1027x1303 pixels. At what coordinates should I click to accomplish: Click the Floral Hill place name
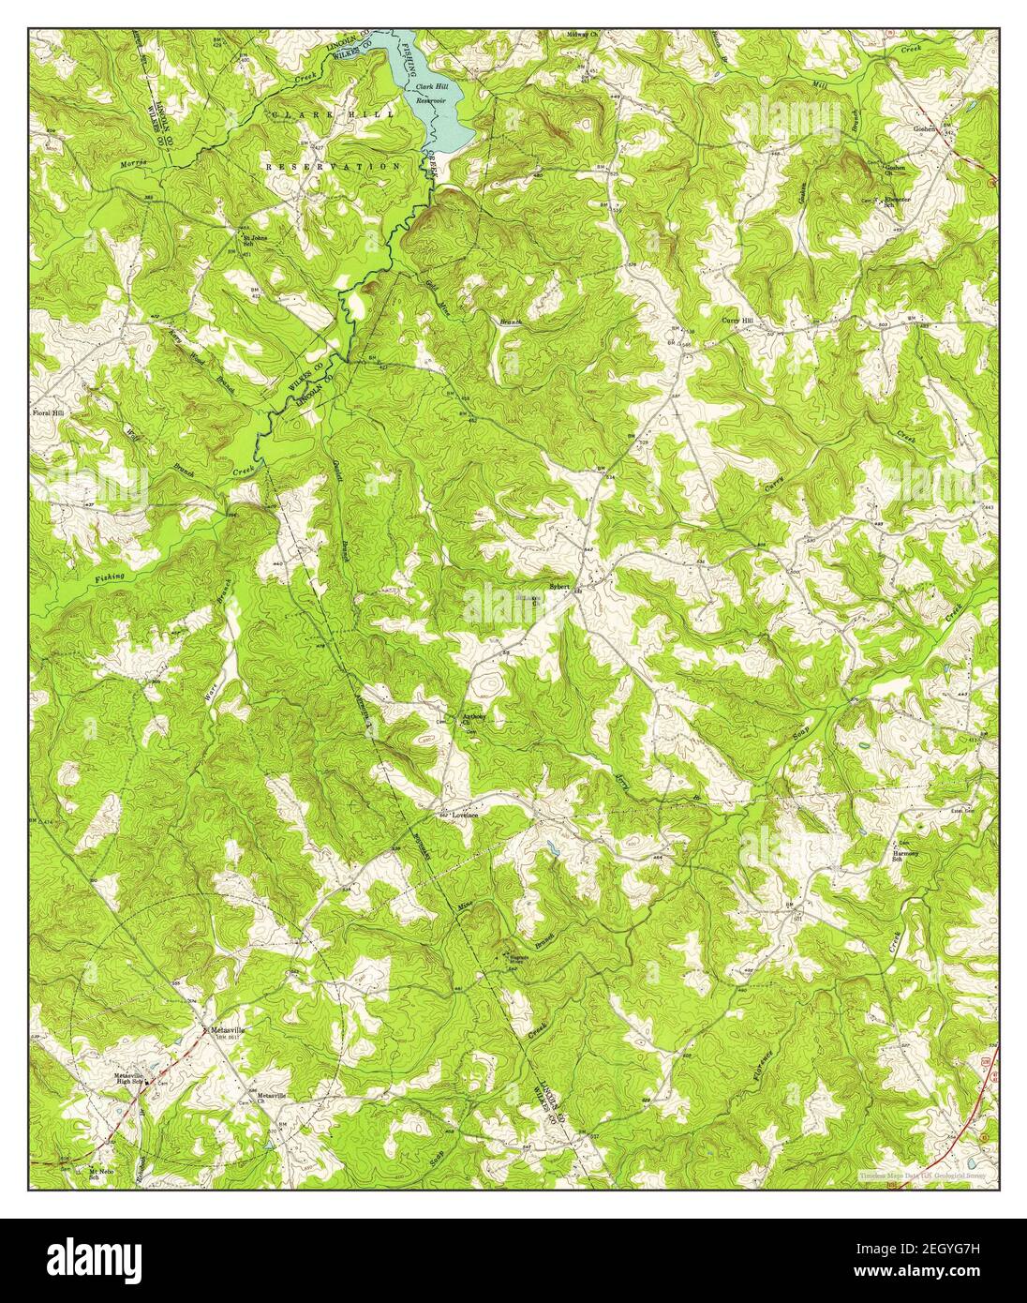[49, 412]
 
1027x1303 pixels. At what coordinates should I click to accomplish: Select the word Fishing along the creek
[110, 578]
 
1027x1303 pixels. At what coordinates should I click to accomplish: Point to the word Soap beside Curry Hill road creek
[800, 737]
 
